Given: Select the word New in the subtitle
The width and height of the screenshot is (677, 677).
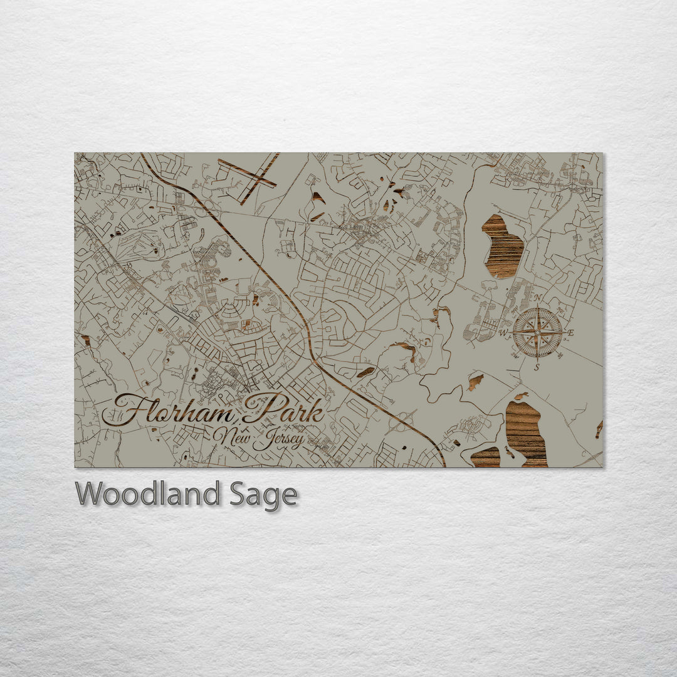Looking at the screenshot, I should coord(233,434).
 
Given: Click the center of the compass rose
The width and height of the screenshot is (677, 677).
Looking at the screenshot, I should coord(537,333).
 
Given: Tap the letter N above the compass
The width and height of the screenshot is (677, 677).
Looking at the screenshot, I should coord(537,298).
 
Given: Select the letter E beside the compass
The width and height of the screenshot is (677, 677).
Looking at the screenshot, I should coord(570,333).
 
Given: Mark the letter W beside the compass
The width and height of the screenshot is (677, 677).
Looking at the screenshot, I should coord(503,333).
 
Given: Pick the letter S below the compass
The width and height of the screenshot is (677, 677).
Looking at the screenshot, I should coord(537,367).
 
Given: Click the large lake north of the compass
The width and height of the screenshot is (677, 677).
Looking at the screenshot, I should coord(503,246).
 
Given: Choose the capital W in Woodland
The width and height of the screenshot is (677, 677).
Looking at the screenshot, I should coord(88,494).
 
